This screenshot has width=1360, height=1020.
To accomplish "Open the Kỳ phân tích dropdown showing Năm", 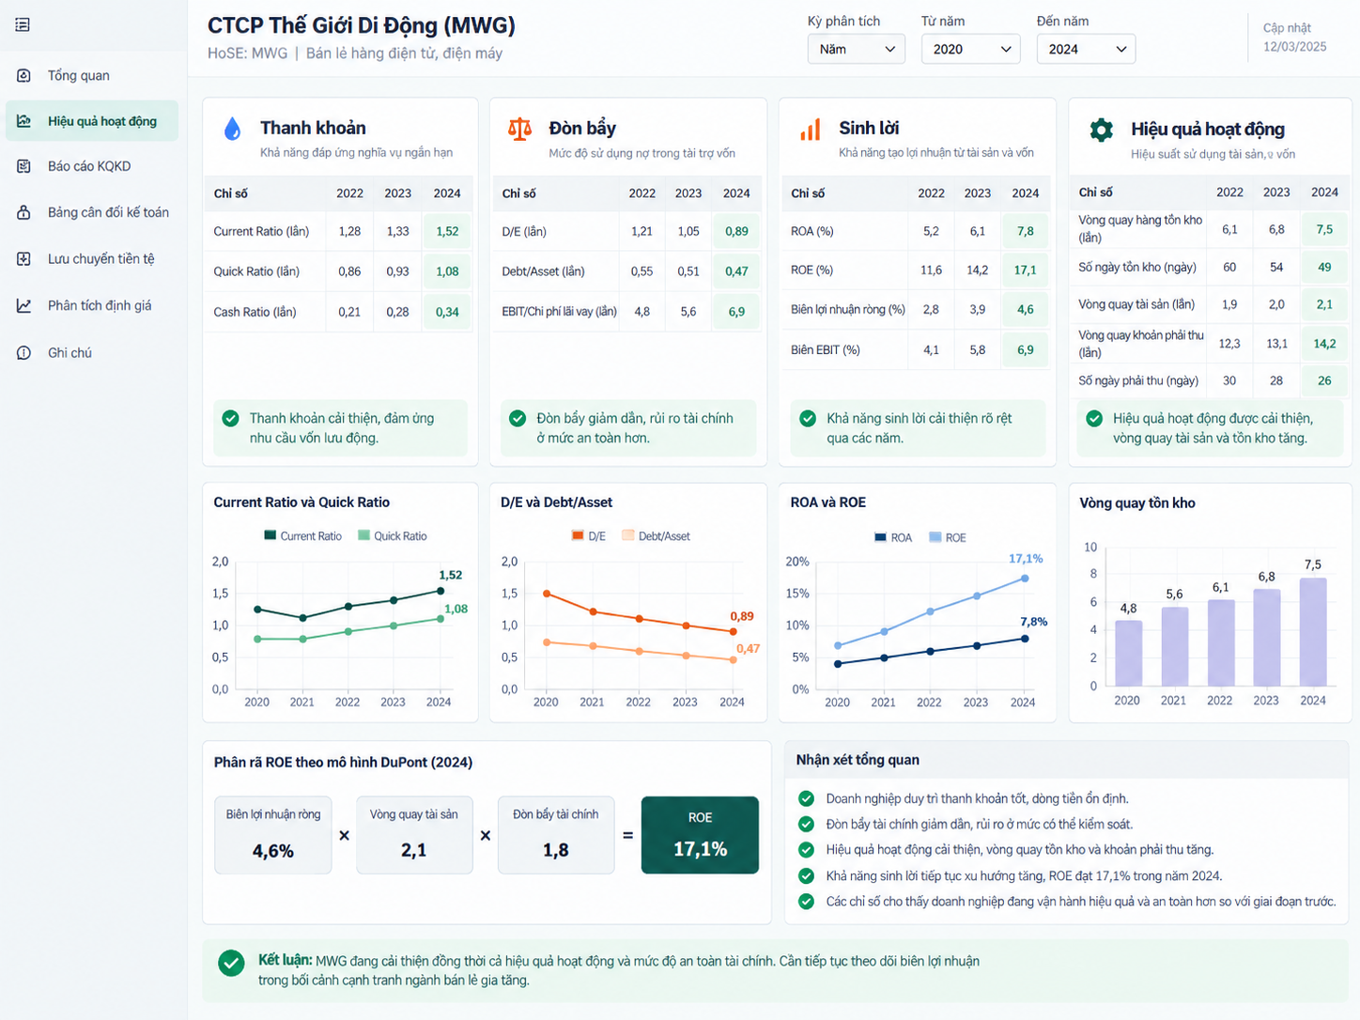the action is [x=856, y=49].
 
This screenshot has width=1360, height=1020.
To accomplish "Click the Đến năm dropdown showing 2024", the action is [x=1086, y=49].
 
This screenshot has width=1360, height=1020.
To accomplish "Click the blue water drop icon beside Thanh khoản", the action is [x=232, y=129].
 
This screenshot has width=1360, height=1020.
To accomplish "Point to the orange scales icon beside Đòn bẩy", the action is [x=519, y=129].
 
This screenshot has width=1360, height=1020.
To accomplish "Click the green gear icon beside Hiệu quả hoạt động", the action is [x=1101, y=130].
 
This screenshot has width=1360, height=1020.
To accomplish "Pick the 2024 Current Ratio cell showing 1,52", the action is [x=447, y=231].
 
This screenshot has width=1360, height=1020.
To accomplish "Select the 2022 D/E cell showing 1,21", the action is [x=641, y=231].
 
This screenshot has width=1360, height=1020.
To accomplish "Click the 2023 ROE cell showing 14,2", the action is [x=977, y=270].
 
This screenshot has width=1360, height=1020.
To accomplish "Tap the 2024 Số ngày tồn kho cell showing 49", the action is [x=1324, y=267].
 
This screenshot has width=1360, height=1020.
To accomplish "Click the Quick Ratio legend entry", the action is [x=393, y=535].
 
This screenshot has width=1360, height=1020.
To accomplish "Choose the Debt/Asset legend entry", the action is [x=656, y=535].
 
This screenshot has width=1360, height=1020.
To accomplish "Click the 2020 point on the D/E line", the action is [x=547, y=594].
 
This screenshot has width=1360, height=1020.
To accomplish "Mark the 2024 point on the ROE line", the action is [x=1025, y=579].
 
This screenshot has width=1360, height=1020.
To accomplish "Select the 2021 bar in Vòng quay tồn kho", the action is [x=1174, y=646].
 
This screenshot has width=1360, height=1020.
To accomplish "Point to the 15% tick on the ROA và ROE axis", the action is [x=797, y=594].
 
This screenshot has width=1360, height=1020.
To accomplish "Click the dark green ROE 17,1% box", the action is [x=700, y=835].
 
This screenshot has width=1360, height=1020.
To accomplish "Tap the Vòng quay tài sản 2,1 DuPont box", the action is [x=414, y=835].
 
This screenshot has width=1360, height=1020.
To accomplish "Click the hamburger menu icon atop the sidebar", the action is [x=23, y=24].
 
